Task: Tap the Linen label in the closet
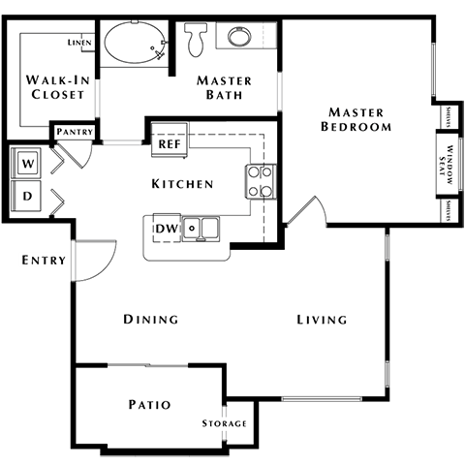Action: click(78, 44)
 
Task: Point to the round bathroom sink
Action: click(238, 38)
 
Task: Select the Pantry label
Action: click(74, 132)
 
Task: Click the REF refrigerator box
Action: click(170, 143)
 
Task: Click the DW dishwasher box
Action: click(166, 228)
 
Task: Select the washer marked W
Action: click(28, 164)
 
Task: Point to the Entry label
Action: click(44, 260)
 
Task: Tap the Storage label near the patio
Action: click(224, 424)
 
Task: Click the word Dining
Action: click(150, 320)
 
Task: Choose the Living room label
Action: click(322, 320)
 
